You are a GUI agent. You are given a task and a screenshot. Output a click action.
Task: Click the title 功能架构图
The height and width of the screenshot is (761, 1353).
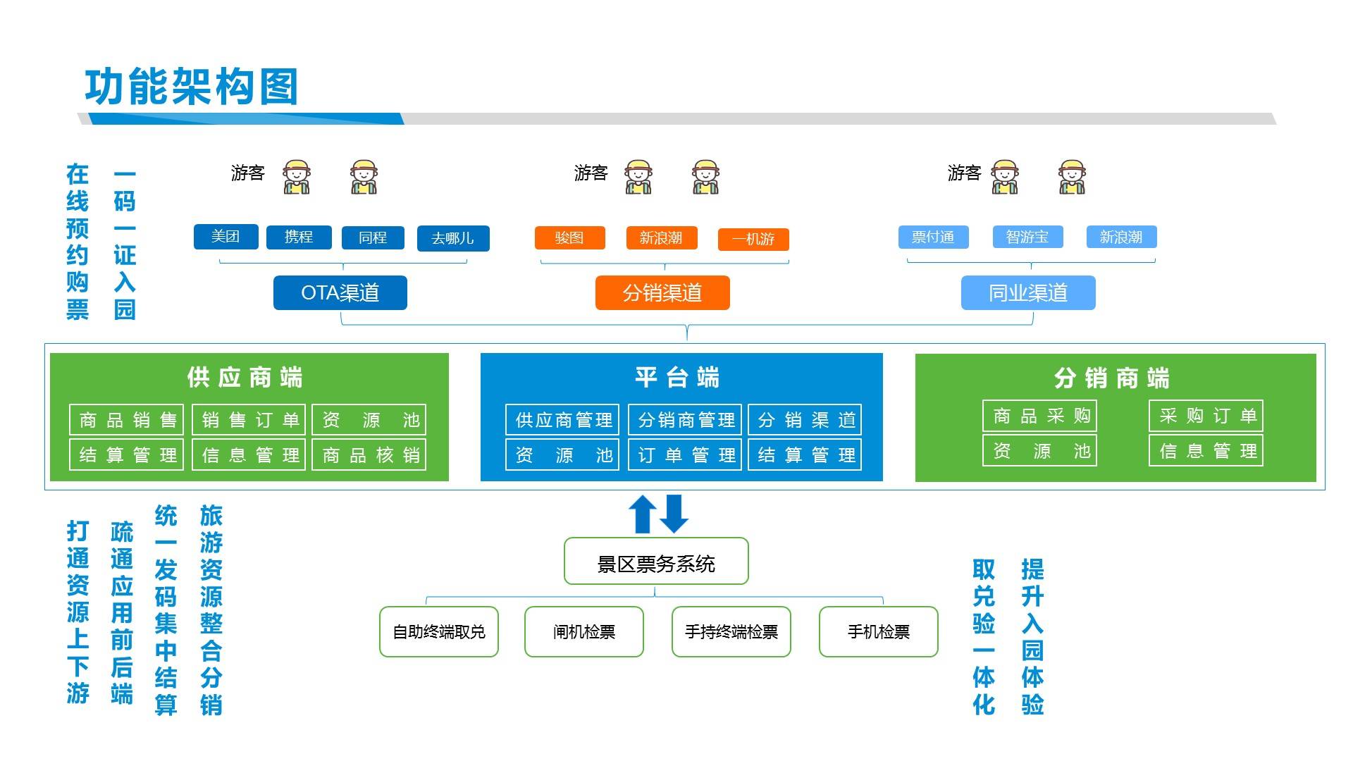coord(192,87)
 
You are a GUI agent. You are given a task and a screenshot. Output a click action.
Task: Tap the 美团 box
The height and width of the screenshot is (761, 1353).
coord(225,237)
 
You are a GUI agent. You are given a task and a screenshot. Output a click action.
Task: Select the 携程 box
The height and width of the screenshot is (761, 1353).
coord(299,237)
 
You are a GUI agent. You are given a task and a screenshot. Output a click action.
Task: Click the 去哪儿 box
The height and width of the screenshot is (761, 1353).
coord(453,238)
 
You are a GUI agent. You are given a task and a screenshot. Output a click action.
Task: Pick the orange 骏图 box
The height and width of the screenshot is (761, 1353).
coord(569,237)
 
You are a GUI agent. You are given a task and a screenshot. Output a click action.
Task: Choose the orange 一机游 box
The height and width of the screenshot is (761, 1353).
coord(753,240)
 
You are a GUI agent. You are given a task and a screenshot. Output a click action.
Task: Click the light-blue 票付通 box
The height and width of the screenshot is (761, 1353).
coord(933,237)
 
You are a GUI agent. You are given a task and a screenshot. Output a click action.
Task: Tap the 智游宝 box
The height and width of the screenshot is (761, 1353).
coord(1027,237)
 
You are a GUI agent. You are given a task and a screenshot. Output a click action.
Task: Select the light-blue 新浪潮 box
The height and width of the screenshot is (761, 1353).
coord(1121,237)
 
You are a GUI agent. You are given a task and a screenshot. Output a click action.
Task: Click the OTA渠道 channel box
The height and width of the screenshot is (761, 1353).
coord(340,292)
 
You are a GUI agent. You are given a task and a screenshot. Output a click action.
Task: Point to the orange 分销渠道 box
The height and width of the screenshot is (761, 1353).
coord(662,292)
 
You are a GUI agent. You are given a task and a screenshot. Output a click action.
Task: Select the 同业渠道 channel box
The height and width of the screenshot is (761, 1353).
coord(1028,292)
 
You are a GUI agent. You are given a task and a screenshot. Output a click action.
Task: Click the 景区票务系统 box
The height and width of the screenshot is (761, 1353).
coord(656,562)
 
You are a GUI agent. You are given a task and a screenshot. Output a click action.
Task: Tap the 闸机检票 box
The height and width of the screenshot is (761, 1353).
coord(584,632)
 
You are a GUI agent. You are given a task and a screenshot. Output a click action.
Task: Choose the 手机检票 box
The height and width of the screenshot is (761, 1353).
coord(879,632)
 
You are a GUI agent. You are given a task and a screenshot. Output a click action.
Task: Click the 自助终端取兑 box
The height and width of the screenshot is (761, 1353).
coord(439,632)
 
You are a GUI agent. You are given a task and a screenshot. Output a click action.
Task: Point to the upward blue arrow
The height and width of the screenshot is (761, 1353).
coord(643,514)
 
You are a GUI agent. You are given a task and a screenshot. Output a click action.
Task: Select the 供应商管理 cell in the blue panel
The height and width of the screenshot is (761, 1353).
coord(562,420)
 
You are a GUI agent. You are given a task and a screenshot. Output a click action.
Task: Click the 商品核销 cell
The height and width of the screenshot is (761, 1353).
coord(369,454)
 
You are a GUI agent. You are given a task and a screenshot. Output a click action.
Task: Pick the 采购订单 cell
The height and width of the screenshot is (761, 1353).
coord(1206,416)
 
